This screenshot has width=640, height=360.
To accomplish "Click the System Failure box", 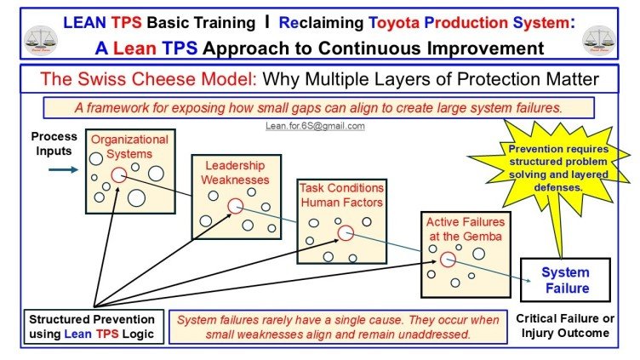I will coord(566,280).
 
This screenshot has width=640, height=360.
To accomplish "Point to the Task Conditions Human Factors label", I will coord(340,195).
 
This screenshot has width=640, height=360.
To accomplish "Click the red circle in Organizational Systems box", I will coord(118,174).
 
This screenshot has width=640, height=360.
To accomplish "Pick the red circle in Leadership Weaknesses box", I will coord(234,205).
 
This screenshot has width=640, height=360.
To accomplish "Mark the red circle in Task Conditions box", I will coord(345,233).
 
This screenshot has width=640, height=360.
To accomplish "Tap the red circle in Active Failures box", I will coord(447,260).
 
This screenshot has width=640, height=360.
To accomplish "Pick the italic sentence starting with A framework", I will coord(318,109).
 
